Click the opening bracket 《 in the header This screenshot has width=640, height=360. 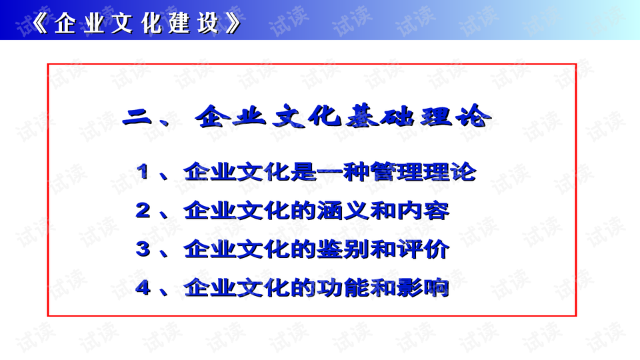point(39,24)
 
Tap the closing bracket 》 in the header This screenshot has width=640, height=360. point(233,24)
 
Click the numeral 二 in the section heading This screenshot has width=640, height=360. point(139,119)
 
